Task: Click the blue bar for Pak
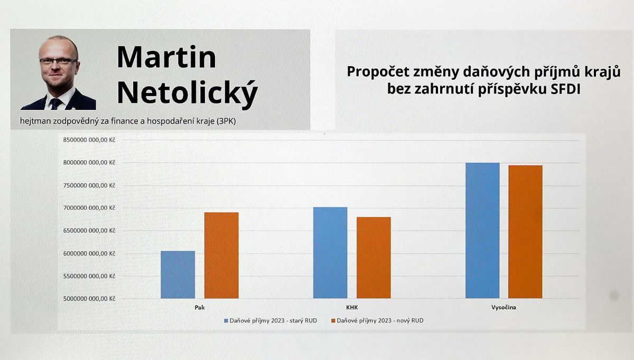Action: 178,274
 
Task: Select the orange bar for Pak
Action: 221,255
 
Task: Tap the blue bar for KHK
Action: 330,253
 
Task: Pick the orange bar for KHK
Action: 374,258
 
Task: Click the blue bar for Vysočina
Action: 482,230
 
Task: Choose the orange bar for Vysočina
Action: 525,232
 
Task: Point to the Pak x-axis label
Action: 200,307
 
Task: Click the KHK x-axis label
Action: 352,307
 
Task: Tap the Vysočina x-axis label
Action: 504,307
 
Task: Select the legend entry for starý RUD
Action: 271,321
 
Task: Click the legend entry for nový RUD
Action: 377,321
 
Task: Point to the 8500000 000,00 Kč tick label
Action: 89,140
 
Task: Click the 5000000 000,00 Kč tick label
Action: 89,299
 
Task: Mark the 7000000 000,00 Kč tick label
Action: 89,208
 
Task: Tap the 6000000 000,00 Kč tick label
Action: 89,254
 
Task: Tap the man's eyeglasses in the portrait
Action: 58,61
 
